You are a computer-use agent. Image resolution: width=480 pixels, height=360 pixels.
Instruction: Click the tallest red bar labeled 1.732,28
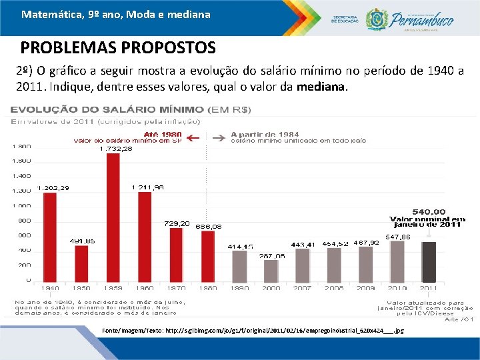(113, 217)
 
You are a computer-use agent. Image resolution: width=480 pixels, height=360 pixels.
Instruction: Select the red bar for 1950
(81, 263)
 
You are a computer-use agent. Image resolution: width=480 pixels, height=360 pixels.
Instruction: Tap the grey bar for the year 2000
(271, 270)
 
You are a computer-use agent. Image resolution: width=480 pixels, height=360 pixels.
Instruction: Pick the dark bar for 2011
(429, 261)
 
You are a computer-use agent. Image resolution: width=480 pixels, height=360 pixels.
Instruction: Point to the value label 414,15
(240, 246)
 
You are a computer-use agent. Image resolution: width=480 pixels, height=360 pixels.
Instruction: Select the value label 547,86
(397, 237)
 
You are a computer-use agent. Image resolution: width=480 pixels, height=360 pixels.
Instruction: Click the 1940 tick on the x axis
(49, 288)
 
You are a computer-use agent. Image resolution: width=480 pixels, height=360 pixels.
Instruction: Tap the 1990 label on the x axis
(239, 288)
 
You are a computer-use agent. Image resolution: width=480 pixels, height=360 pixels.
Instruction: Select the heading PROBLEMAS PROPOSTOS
(118, 49)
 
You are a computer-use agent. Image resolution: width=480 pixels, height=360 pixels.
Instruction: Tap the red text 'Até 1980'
(163, 133)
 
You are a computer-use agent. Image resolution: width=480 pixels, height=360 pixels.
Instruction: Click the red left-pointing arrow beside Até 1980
(193, 139)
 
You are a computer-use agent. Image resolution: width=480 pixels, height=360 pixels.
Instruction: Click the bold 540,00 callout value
(429, 211)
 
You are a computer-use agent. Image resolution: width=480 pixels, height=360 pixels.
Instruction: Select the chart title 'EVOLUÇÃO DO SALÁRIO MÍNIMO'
(107, 109)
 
